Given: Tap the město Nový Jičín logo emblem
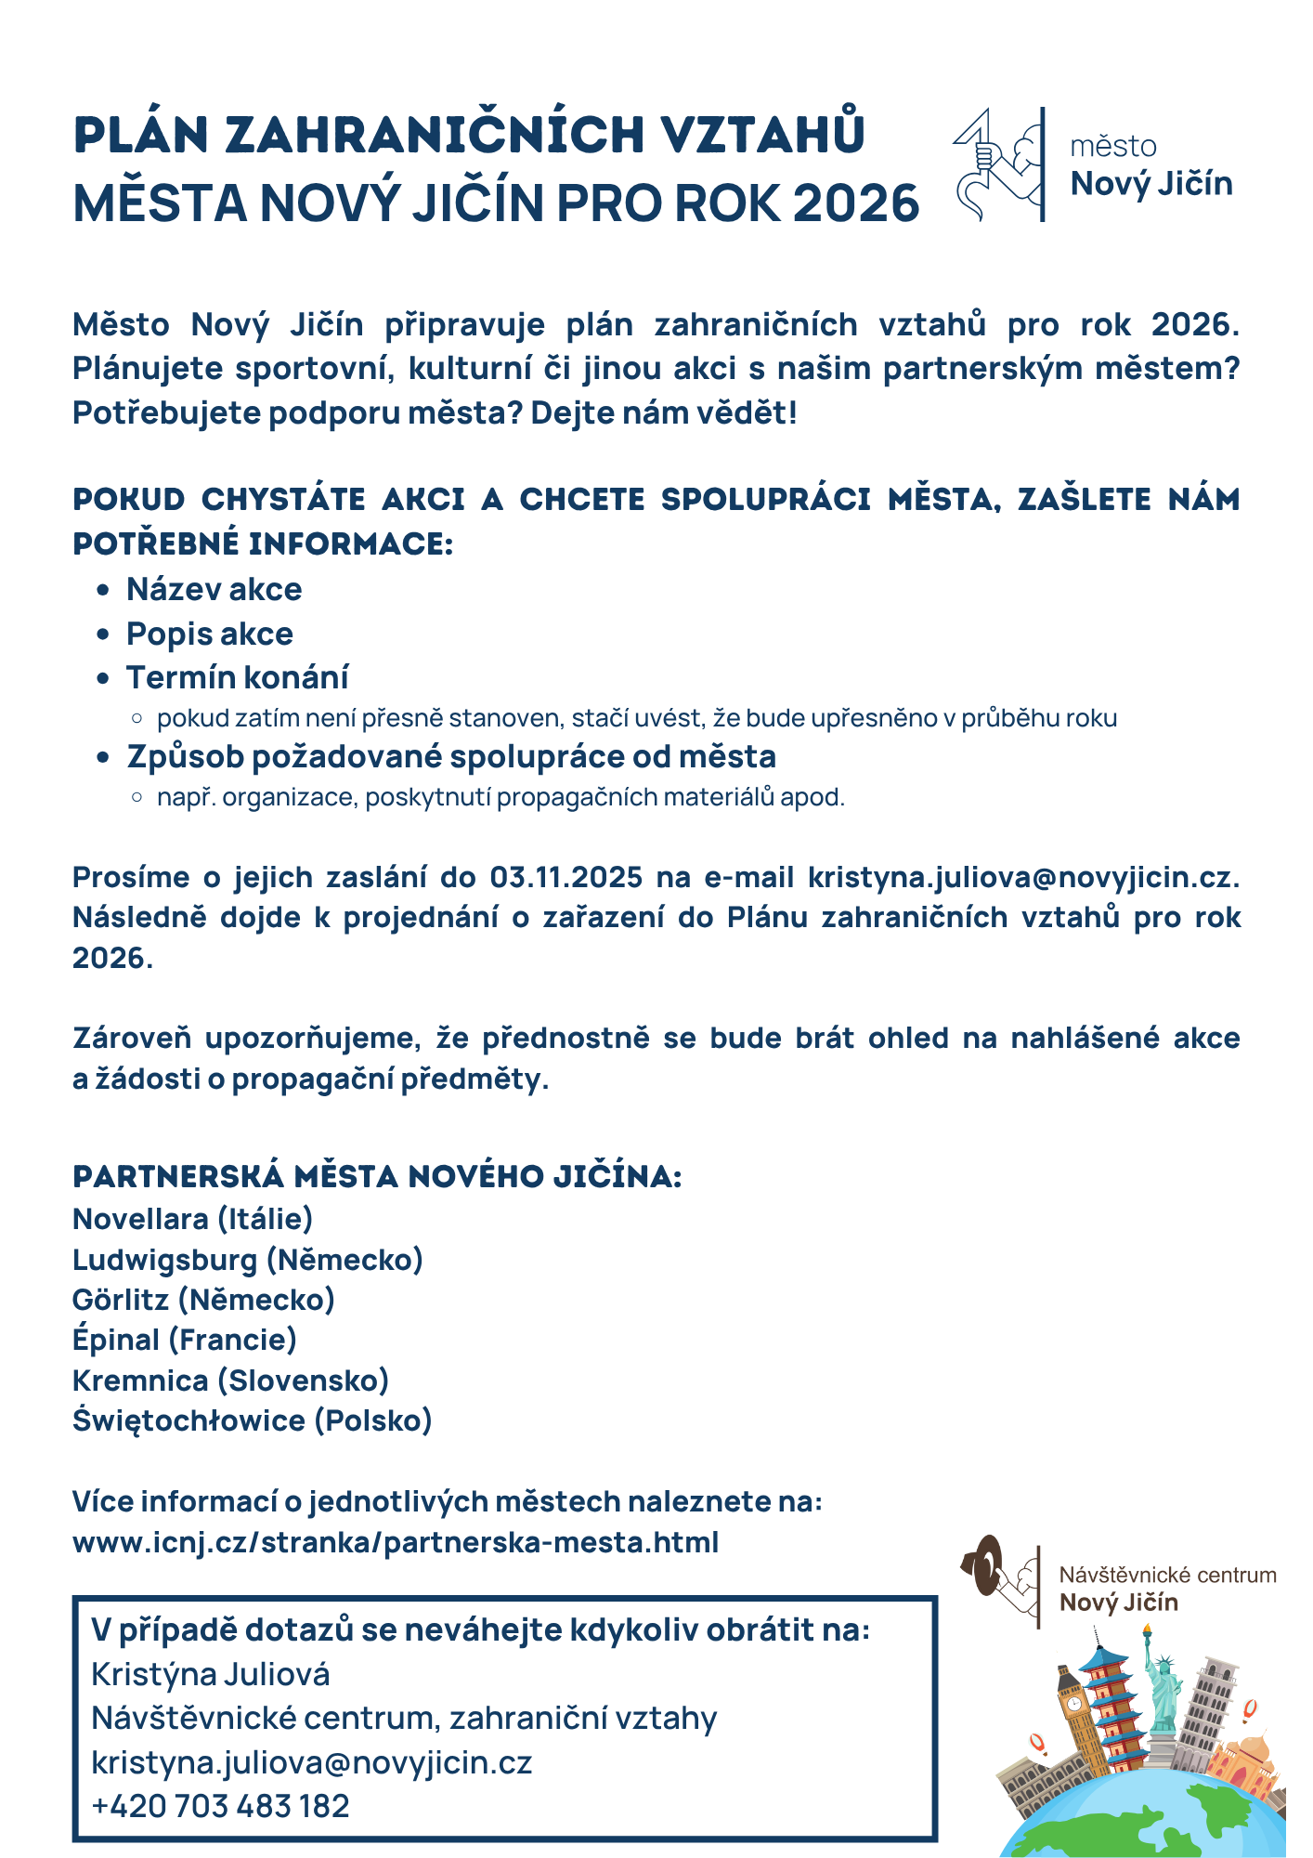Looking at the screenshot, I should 998,164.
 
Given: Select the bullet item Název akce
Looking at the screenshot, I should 214,590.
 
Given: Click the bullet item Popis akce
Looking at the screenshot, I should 210,635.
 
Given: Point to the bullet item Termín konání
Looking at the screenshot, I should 238,678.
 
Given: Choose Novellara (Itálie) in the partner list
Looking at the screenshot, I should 193,1219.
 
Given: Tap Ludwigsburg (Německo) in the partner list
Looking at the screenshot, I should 248,1260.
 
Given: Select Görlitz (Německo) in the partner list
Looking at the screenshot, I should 204,1300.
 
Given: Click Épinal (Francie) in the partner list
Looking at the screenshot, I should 185,1340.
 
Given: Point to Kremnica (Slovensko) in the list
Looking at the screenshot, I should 231,1380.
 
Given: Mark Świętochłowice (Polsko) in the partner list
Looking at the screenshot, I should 253,1420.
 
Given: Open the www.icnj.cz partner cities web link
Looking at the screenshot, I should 396,1542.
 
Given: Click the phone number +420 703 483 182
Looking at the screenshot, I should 221,1806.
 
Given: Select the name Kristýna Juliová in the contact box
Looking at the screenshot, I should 211,1674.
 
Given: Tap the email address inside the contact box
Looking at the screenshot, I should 312,1762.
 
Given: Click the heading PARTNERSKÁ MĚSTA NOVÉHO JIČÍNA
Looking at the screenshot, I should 377,1177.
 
